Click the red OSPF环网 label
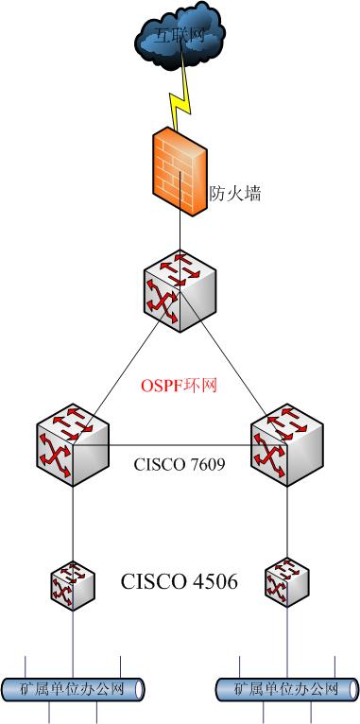coord(180,386)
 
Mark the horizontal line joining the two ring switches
coord(180,446)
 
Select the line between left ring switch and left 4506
coord(73,525)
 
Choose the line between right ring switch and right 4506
coord(286,525)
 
